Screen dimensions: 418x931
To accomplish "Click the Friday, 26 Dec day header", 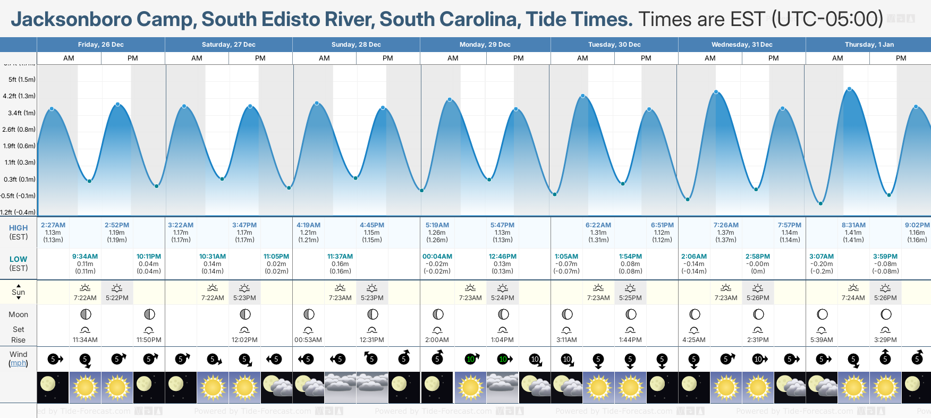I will pyautogui.click(x=100, y=45).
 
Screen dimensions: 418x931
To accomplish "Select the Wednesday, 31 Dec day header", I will pyautogui.click(x=742, y=45).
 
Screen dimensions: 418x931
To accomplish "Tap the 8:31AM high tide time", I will pyautogui.click(x=853, y=225).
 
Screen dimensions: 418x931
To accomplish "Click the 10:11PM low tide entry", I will pyautogui.click(x=149, y=257).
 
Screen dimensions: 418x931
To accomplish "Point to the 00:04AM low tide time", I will pyautogui.click(x=437, y=257).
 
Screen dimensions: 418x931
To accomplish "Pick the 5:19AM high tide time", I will pyautogui.click(x=437, y=225).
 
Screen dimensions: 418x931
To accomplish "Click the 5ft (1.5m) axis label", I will pyautogui.click(x=22, y=80).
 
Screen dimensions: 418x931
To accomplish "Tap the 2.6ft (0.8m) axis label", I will pyautogui.click(x=19, y=130).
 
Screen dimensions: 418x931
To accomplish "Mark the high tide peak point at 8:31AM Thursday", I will pyautogui.click(x=850, y=89).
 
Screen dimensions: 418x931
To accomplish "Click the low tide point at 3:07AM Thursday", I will pyautogui.click(x=820, y=203).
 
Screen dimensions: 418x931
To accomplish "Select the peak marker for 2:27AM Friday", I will pyautogui.click(x=52, y=109).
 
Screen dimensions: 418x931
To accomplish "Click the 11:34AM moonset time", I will pyautogui.click(x=85, y=340).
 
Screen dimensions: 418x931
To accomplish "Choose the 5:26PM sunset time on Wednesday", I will pyautogui.click(x=758, y=298).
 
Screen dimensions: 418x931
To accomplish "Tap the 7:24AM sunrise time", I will pyautogui.click(x=853, y=298).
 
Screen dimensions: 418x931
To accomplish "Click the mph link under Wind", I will pyautogui.click(x=18, y=363).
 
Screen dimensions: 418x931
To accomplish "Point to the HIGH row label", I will pyautogui.click(x=18, y=228).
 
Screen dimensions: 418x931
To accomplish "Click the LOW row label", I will pyautogui.click(x=18, y=259).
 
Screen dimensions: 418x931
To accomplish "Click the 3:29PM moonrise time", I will pyautogui.click(x=885, y=340).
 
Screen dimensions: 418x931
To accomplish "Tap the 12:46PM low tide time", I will pyautogui.click(x=502, y=257).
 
